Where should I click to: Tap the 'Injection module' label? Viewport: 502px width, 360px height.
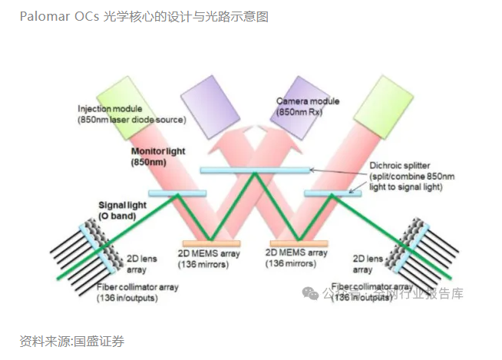pos(110,109)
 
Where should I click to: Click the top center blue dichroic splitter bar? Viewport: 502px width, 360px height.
pos(255,169)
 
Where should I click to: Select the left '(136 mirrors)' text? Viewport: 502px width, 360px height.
pos(208,263)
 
